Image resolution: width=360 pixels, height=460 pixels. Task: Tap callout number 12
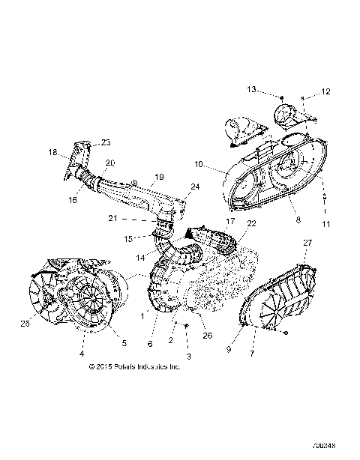326,91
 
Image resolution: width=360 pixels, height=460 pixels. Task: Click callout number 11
325,224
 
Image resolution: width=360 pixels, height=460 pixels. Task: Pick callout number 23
105,142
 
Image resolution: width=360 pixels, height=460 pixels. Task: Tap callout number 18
53,152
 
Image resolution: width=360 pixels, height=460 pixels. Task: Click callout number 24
195,208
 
